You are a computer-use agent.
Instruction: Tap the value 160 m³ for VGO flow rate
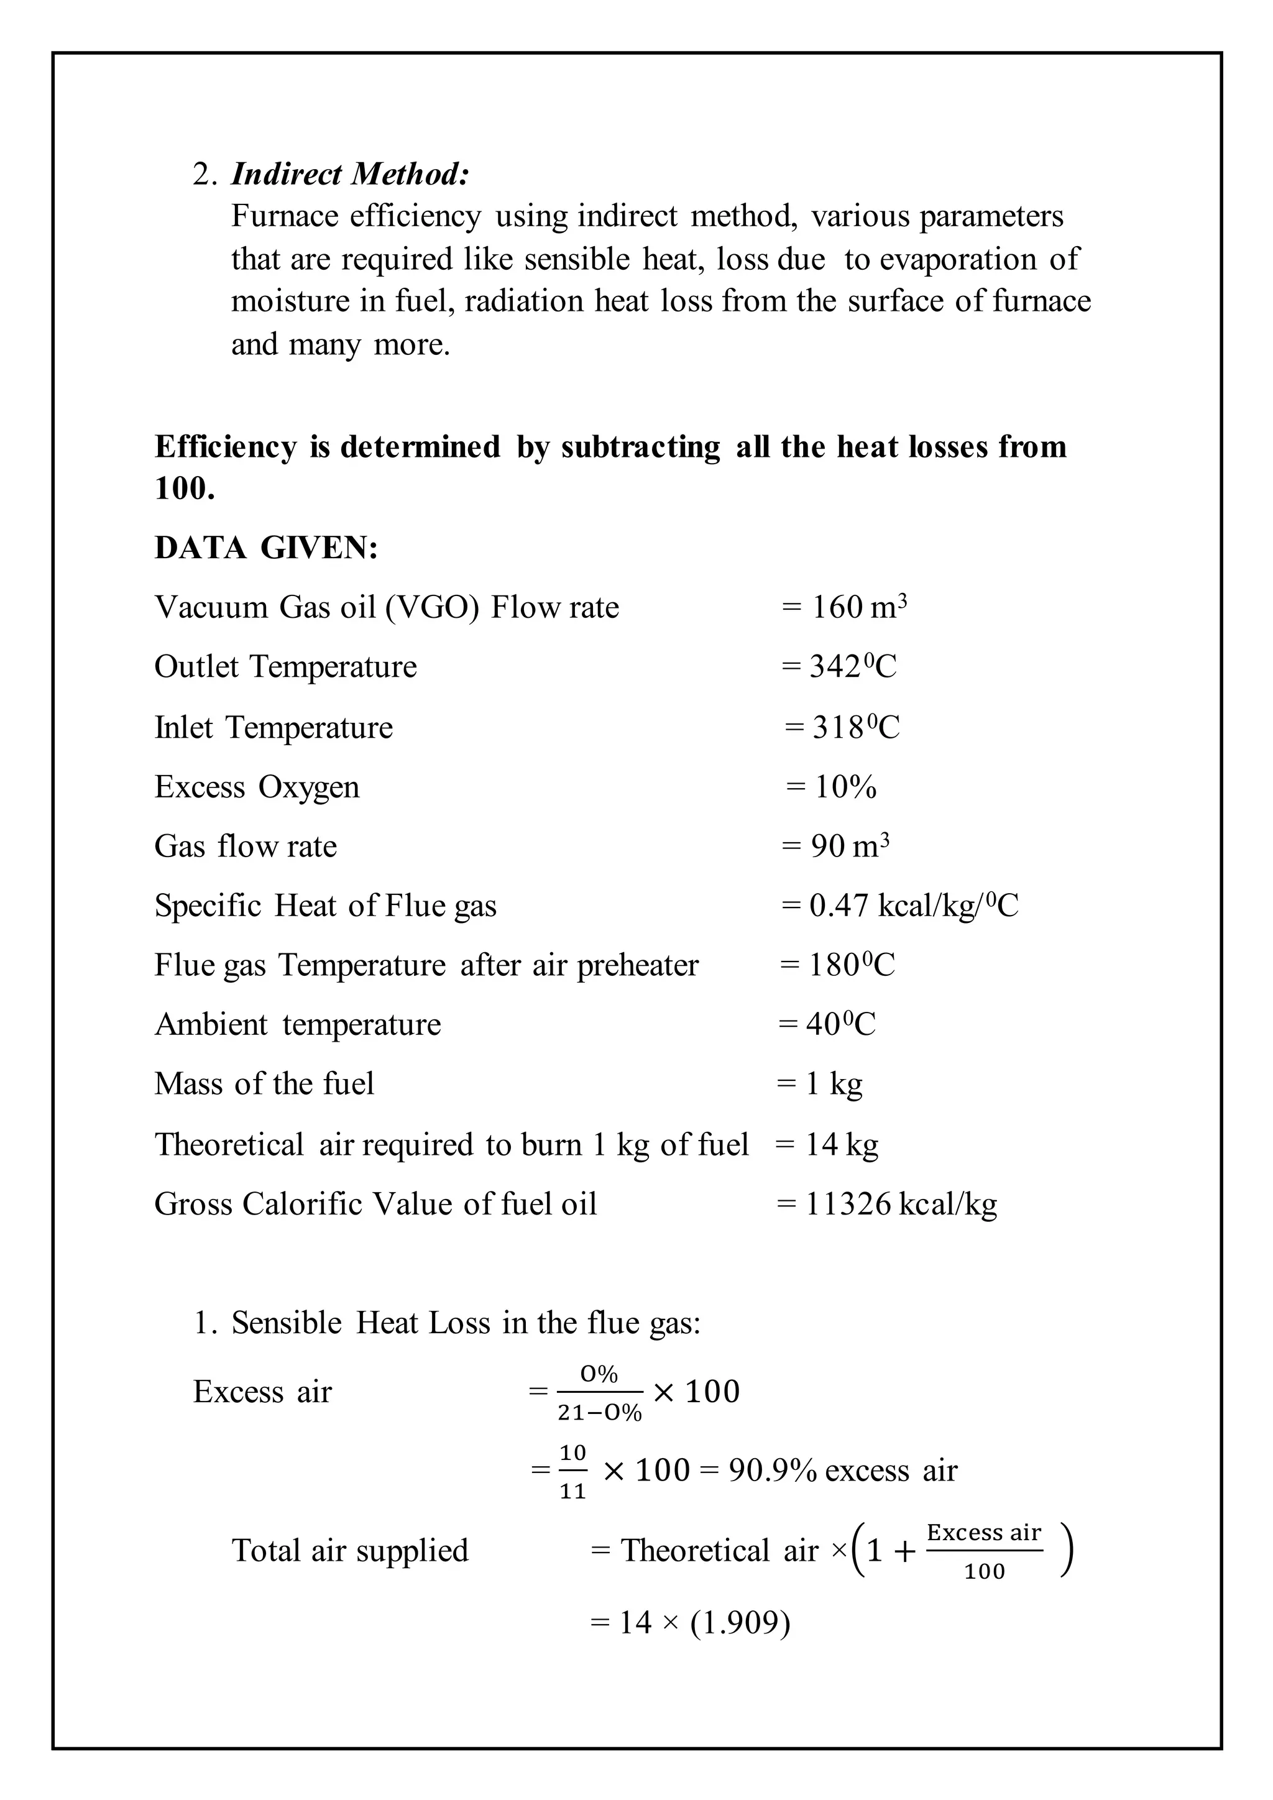(x=858, y=608)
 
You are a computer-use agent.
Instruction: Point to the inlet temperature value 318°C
(x=855, y=728)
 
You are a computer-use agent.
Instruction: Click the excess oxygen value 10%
(x=844, y=787)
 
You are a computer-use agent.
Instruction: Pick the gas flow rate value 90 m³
(x=849, y=847)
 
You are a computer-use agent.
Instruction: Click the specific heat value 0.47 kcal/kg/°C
(x=913, y=906)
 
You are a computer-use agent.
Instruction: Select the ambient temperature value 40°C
(x=840, y=1025)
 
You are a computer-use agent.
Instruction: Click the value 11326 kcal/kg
(x=901, y=1204)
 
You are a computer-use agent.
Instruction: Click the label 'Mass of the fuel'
(x=264, y=1084)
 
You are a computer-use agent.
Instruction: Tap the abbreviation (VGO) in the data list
(x=432, y=608)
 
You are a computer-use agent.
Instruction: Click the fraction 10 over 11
(x=572, y=1472)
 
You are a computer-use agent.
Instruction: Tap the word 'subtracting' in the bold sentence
(x=640, y=447)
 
